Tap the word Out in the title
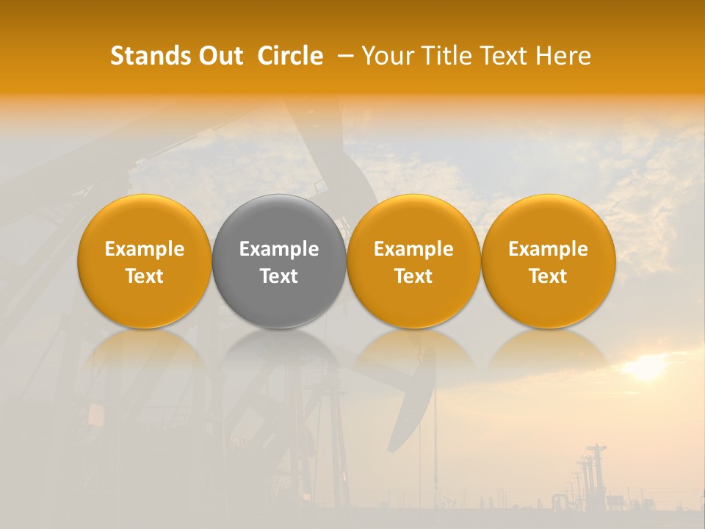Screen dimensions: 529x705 click(212, 56)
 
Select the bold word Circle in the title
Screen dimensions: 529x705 click(291, 56)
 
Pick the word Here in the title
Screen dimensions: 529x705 click(564, 56)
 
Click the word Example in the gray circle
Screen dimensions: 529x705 click(279, 249)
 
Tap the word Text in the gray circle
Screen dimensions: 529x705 click(279, 276)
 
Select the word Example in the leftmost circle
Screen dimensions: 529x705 click(145, 249)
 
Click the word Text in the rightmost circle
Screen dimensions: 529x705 click(549, 276)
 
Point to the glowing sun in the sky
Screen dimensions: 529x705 click(646, 367)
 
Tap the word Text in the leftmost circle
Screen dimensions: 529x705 click(145, 276)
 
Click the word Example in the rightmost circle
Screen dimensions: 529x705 click(549, 249)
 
